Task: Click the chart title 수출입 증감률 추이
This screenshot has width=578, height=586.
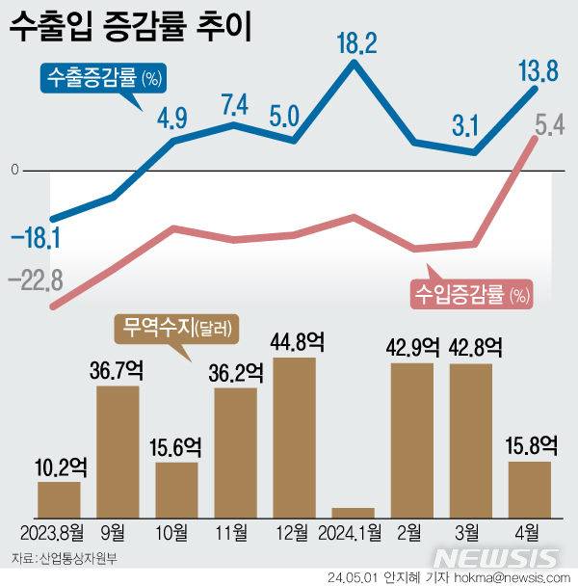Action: tap(130, 27)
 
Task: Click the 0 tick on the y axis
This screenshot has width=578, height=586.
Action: tap(14, 171)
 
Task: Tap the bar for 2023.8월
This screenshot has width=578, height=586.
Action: tap(59, 499)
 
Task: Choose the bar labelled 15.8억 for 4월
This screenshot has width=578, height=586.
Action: tap(529, 490)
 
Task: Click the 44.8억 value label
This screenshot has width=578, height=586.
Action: tap(294, 342)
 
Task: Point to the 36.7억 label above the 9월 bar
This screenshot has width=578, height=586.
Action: tap(118, 371)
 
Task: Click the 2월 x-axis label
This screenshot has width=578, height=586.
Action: tap(411, 534)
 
